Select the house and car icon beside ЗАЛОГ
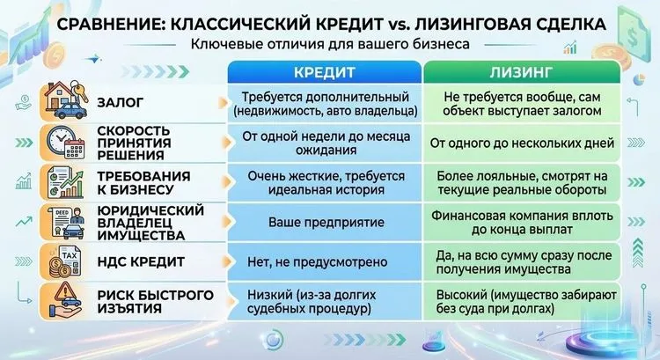[x=64, y=101]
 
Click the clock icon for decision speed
[x=64, y=141]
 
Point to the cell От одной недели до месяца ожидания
[x=323, y=142]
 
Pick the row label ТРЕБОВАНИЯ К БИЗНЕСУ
[x=141, y=181]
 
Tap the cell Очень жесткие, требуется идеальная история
[x=323, y=181]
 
